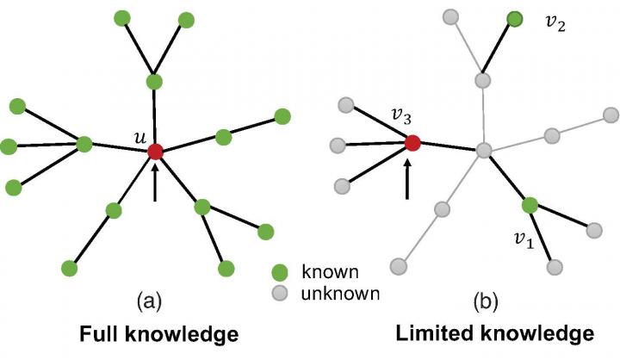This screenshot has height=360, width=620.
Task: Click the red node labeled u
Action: (x=155, y=152)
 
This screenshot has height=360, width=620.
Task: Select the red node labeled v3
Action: (x=412, y=142)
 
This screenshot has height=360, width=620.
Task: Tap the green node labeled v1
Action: (x=530, y=205)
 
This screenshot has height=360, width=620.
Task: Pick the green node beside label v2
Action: (x=515, y=19)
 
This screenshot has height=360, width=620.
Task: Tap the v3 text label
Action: (x=398, y=115)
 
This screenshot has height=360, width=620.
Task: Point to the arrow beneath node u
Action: (x=155, y=183)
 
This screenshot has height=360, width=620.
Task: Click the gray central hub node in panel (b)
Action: (x=484, y=151)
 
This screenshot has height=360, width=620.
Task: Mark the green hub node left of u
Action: (x=84, y=144)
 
